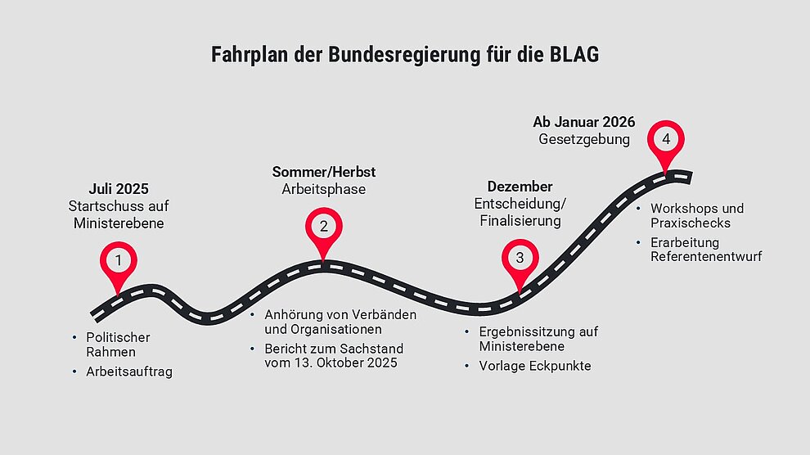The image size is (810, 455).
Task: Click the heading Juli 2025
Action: (x=119, y=188)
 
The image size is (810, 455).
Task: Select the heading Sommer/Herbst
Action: (x=324, y=172)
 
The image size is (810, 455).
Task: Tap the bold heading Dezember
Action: (x=520, y=186)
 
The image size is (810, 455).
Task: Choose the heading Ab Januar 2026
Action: (x=583, y=122)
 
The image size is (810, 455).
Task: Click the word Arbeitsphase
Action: (x=324, y=190)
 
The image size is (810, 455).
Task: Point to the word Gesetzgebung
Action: (x=584, y=139)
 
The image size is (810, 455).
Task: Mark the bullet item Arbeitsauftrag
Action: (x=129, y=372)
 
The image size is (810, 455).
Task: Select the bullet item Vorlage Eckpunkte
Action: (x=534, y=366)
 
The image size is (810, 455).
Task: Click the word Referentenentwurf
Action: (x=706, y=257)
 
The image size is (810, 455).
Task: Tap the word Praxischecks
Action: (x=691, y=223)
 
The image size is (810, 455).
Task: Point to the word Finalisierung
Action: (x=520, y=221)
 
